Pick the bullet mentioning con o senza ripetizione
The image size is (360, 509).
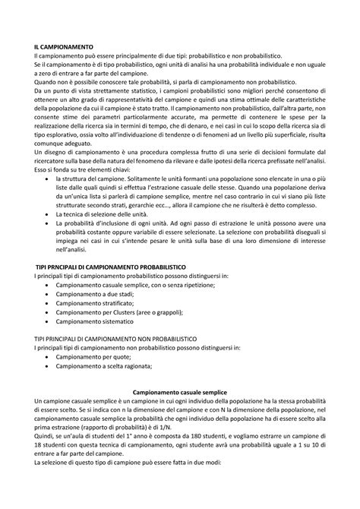coord(130,286)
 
